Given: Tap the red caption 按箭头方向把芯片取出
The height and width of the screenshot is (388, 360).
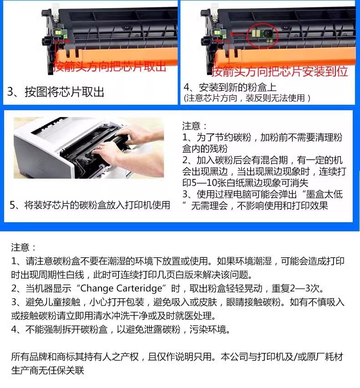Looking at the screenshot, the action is click(109, 66).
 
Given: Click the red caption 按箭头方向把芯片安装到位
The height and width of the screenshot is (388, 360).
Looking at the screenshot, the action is click(280, 71).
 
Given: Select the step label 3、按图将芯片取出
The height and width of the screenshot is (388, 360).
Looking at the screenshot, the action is click(56, 92).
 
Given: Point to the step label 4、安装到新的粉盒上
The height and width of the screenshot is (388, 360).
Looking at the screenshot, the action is click(230, 87).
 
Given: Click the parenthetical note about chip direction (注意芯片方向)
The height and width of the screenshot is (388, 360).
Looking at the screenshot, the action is click(247, 98).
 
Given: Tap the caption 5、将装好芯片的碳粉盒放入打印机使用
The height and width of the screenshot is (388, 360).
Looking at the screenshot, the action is click(90, 205).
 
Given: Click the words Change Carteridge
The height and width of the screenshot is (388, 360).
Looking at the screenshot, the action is click(121, 288).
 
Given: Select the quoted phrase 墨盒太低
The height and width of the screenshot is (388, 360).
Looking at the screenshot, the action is click(324, 194).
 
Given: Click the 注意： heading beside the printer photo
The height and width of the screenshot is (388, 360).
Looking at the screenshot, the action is click(195, 126).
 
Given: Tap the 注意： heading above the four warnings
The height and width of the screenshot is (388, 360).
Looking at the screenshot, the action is click(24, 247).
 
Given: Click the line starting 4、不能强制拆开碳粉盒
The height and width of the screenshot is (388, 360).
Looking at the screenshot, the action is click(121, 329).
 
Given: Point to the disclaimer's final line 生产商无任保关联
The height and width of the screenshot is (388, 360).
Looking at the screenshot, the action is click(47, 370).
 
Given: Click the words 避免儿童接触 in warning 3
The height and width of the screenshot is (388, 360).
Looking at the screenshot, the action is click(53, 302).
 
